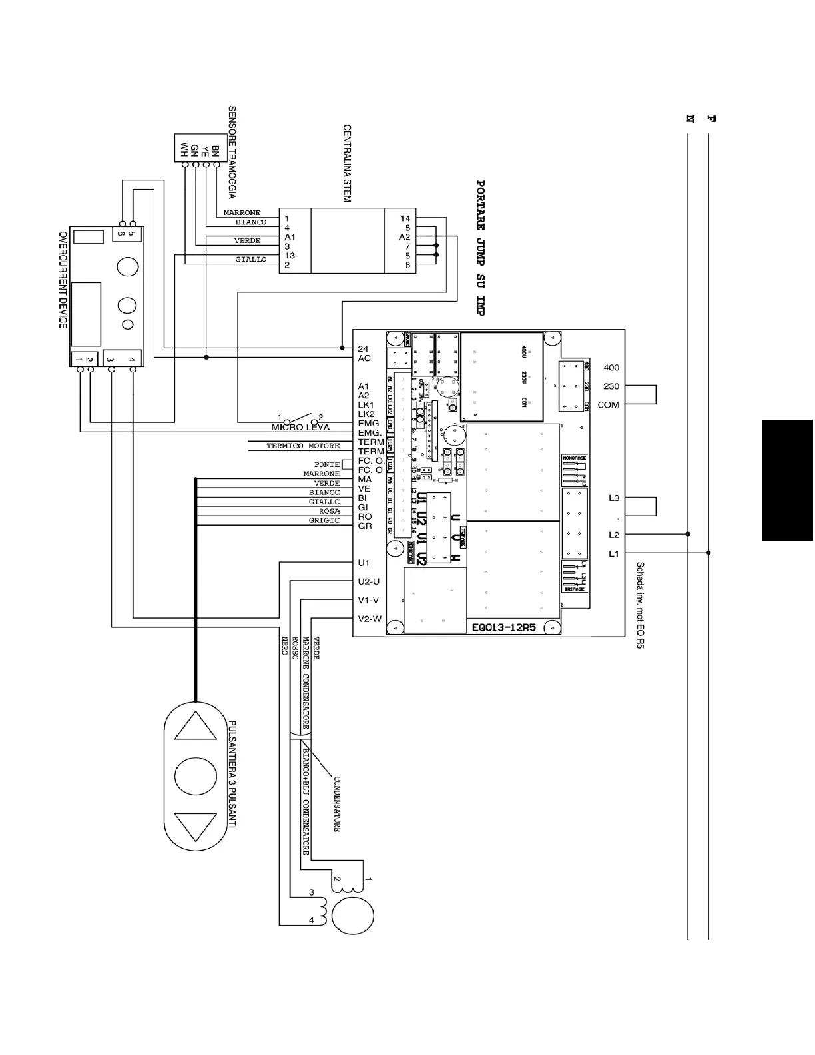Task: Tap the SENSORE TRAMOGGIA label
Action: pos(232,153)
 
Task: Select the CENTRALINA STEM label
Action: pos(347,163)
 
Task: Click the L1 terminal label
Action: pos(613,553)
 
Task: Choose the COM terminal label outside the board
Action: pos(608,404)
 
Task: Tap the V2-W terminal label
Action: pos(370,619)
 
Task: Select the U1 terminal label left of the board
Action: pos(363,563)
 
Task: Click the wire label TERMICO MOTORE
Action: pos(303,446)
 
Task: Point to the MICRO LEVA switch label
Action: pos(300,427)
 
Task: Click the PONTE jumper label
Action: pos(327,464)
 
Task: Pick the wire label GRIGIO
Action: pos(324,520)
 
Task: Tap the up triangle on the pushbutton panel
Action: pos(195,725)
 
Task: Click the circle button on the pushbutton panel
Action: pos(195,775)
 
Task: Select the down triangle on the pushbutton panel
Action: pos(195,826)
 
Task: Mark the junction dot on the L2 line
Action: pos(688,534)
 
